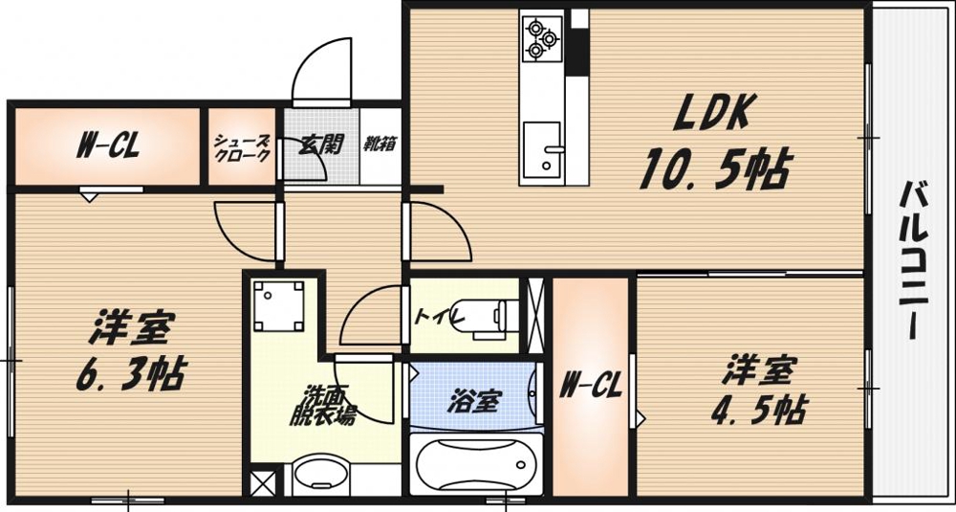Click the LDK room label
716,115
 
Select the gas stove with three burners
541,37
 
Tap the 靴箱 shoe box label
380,145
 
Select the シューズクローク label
242,146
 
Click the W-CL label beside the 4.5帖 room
591,388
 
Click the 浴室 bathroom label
472,401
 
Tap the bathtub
474,465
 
